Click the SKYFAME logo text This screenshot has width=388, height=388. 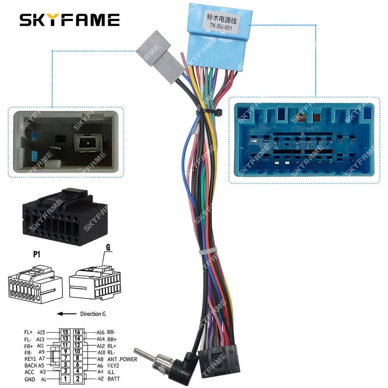(x=70, y=19)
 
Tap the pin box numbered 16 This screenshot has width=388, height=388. (x=78, y=332)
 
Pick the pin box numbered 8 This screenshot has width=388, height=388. (x=78, y=358)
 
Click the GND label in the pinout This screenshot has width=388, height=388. (x=29, y=379)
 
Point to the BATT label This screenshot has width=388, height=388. (x=114, y=379)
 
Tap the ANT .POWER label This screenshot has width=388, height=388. (x=122, y=359)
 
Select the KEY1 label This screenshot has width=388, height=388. (x=30, y=359)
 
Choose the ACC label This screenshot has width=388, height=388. (x=29, y=372)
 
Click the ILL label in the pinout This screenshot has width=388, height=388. (x=111, y=372)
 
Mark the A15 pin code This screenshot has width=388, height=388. (x=41, y=332)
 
